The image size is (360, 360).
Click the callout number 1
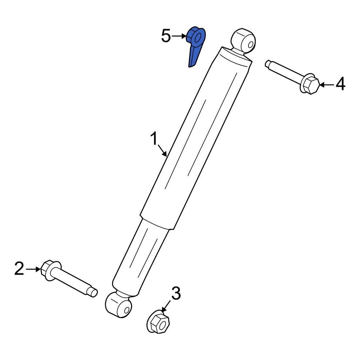[x=154, y=138]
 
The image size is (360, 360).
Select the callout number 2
[x=19, y=269]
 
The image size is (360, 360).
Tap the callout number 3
[x=175, y=293]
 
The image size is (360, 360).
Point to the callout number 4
[x=340, y=84]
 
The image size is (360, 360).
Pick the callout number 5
[x=166, y=36]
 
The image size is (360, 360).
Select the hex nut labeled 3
[x=159, y=321]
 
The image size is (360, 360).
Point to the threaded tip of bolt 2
[x=93, y=292]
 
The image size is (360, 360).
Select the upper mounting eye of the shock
[x=243, y=40]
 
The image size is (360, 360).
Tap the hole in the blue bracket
[x=196, y=37]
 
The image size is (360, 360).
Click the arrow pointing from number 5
[x=179, y=36]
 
